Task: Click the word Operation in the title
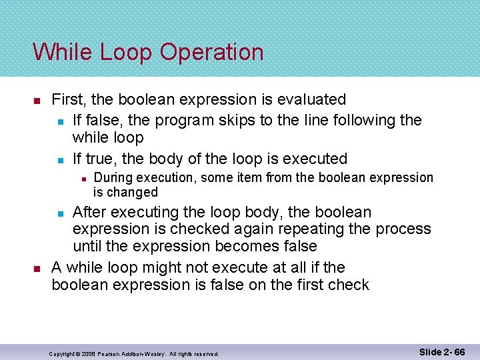pos(215,53)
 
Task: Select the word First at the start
pos(69,100)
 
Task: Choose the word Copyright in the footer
pos(65,353)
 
